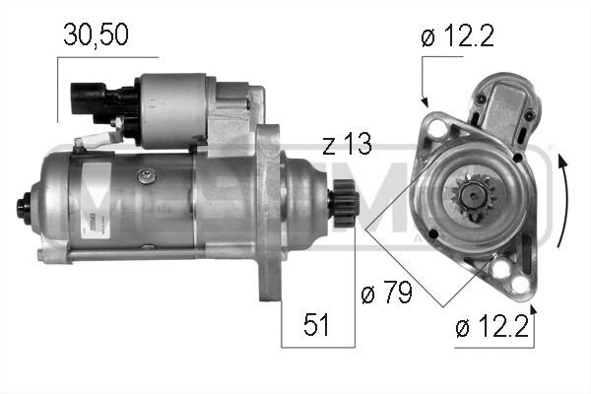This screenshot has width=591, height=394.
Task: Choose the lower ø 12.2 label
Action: pyautogui.click(x=493, y=327)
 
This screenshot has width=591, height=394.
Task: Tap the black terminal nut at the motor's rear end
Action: pyautogui.click(x=21, y=209)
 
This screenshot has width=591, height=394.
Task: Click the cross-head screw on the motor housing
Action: pyautogui.click(x=147, y=174)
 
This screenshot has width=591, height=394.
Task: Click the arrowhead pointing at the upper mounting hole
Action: pyautogui.click(x=425, y=101)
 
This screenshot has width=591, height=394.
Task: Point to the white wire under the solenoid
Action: pyautogui.click(x=98, y=139)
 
